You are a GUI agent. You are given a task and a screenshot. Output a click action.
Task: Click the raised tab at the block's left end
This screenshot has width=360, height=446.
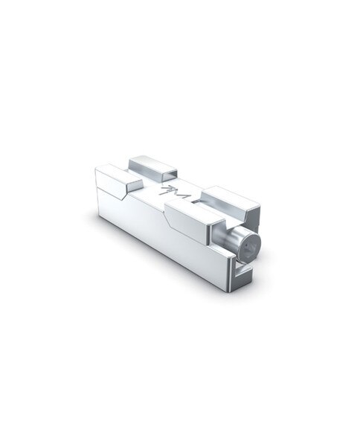coord(112,178)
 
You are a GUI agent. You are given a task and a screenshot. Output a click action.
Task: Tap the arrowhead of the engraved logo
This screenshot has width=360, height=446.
coord(167,190)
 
